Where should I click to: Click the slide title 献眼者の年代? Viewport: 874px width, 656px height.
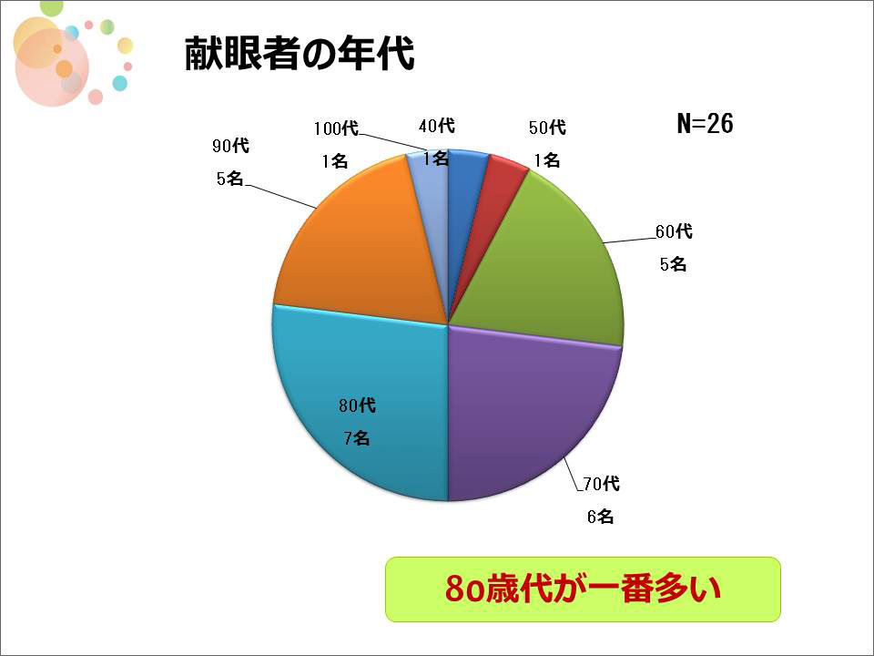[300, 54]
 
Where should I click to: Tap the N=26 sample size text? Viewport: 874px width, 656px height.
[705, 123]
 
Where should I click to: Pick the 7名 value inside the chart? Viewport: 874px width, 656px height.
[357, 438]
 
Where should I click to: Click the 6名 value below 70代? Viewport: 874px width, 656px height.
[600, 517]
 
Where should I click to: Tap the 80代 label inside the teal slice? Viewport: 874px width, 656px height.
[357, 405]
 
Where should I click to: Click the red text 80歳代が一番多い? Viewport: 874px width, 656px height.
[583, 589]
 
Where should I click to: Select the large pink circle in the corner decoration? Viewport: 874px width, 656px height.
[52, 67]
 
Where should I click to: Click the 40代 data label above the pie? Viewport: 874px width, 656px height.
[437, 126]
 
